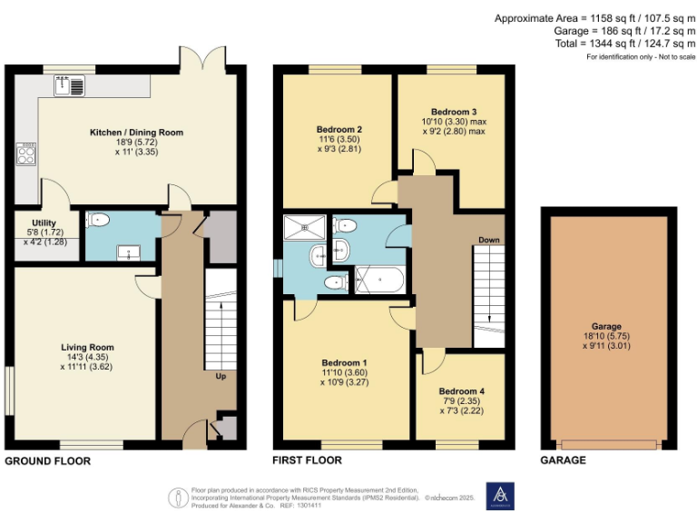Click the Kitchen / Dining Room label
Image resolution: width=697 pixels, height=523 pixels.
click(x=136, y=133)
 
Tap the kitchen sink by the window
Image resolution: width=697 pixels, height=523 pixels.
click(x=69, y=87)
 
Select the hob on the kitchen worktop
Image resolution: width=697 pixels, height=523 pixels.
click(x=26, y=153)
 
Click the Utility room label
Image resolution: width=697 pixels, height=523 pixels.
click(x=44, y=222)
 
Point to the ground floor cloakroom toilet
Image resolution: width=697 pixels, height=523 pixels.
click(x=99, y=220)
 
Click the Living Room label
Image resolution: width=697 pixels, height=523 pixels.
click(x=87, y=347)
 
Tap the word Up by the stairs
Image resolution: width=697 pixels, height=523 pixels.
click(x=220, y=376)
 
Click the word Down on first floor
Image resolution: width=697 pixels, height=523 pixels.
click(x=488, y=240)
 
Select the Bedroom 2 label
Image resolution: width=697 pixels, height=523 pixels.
click(x=339, y=130)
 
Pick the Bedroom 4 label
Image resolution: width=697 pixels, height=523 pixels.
click(x=461, y=391)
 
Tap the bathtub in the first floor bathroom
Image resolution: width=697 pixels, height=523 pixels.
click(x=380, y=281)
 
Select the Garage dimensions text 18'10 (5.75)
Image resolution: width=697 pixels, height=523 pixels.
click(x=606, y=335)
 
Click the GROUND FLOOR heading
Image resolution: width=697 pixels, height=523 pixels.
click(x=48, y=461)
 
